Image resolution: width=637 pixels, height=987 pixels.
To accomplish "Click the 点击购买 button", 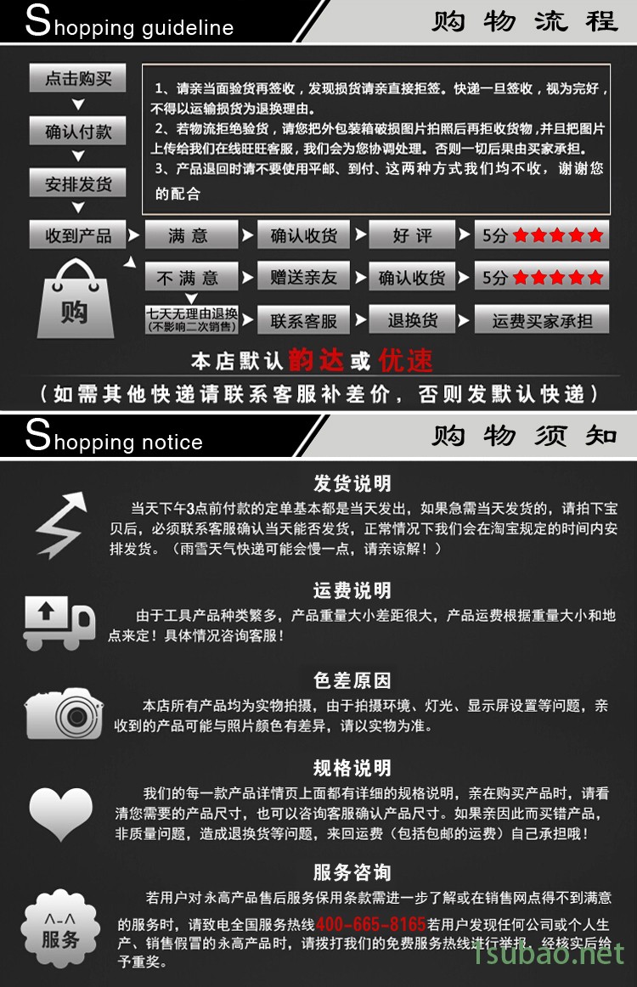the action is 77,78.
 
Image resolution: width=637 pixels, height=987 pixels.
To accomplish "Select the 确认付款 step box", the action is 77,131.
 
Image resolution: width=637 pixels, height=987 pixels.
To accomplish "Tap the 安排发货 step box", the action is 77,183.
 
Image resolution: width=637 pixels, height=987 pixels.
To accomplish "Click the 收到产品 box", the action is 77,234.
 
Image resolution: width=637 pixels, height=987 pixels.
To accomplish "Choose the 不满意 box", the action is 191,277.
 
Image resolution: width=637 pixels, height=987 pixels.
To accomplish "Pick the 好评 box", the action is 412,234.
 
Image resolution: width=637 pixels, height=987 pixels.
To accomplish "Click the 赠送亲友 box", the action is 303,276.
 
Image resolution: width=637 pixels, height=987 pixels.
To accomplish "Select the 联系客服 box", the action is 303,320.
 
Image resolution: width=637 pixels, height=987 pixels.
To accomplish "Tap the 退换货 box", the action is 412,319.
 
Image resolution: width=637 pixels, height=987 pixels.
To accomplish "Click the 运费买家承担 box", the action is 541,320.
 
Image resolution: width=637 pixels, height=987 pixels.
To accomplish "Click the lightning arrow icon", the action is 61,526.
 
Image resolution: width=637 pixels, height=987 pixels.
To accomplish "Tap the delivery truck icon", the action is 59,622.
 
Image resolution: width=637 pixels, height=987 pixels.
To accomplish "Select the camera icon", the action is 64,713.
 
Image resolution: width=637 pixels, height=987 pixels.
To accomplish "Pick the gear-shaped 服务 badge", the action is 60,928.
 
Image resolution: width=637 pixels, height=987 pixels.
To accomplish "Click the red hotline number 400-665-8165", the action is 371,924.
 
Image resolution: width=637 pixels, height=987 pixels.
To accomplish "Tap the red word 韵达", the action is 316,361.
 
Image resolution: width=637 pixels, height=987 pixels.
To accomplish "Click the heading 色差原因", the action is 352,680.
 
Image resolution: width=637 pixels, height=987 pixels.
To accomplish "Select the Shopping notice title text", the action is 114,436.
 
